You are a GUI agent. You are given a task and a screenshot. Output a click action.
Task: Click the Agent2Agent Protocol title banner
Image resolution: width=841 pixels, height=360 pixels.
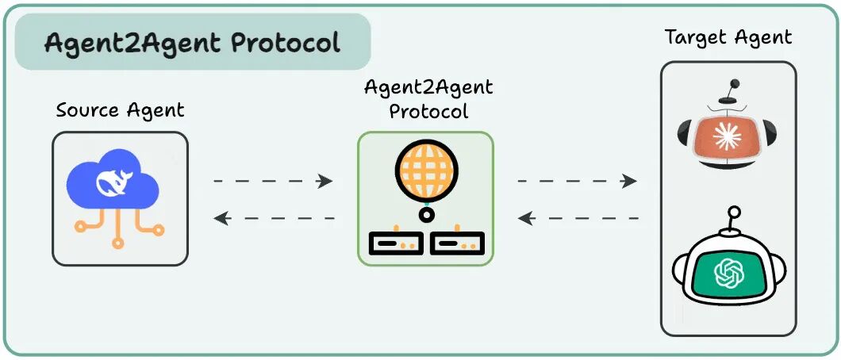point(193,41)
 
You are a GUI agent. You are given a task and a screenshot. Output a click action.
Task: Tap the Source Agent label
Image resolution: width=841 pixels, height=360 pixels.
point(120,110)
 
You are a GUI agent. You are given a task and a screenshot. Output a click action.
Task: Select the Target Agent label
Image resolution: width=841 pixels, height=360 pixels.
point(728,37)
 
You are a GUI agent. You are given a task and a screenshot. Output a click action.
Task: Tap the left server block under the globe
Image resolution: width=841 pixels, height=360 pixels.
point(395,243)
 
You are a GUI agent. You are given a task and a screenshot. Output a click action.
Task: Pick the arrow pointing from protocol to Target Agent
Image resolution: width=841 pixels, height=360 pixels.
point(578,182)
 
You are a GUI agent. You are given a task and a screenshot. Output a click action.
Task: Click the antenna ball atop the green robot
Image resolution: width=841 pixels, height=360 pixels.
point(735,212)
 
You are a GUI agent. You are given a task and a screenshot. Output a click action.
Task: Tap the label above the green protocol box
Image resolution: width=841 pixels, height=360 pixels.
point(428,99)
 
